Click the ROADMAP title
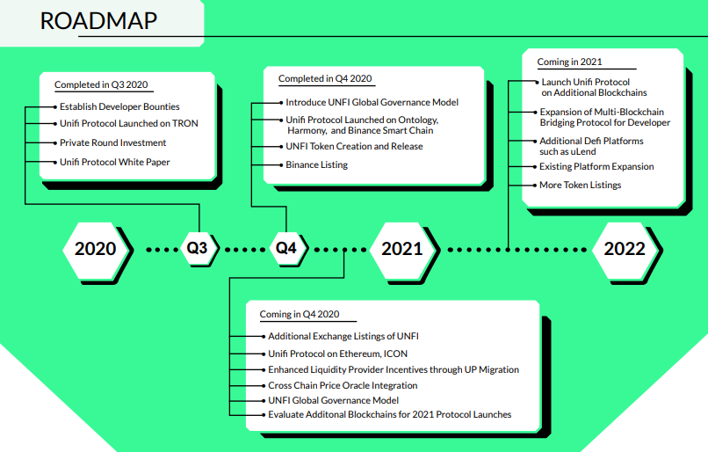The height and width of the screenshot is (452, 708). pyautogui.click(x=98, y=21)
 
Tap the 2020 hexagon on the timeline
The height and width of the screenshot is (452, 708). pyautogui.click(x=95, y=249)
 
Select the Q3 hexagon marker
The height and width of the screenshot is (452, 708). pyautogui.click(x=198, y=248)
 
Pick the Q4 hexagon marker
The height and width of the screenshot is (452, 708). pyautogui.click(x=286, y=248)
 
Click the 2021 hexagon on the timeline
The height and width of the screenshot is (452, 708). pyautogui.click(x=402, y=249)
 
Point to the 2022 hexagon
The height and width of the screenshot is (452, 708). pyautogui.click(x=625, y=249)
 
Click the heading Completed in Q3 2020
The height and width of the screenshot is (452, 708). pyautogui.click(x=101, y=84)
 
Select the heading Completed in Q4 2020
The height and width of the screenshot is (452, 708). pyautogui.click(x=325, y=78)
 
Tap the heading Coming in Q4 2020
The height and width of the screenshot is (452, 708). pyautogui.click(x=300, y=314)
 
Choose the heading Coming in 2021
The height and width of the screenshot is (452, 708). pyautogui.click(x=569, y=62)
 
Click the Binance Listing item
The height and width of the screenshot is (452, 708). pyautogui.click(x=316, y=165)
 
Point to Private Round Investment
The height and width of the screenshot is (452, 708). pyautogui.click(x=113, y=142)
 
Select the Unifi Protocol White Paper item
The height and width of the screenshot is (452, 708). pyautogui.click(x=115, y=163)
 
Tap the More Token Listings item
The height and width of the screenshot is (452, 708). pyautogui.click(x=581, y=185)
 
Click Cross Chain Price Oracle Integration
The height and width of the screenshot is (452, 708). pyautogui.click(x=343, y=385)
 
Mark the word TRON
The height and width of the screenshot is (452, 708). pyautogui.click(x=184, y=123)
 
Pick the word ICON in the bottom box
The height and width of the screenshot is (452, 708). pyautogui.click(x=395, y=354)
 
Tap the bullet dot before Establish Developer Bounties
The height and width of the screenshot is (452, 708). pyautogui.click(x=55, y=107)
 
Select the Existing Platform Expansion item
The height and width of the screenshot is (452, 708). pyautogui.click(x=596, y=167)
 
